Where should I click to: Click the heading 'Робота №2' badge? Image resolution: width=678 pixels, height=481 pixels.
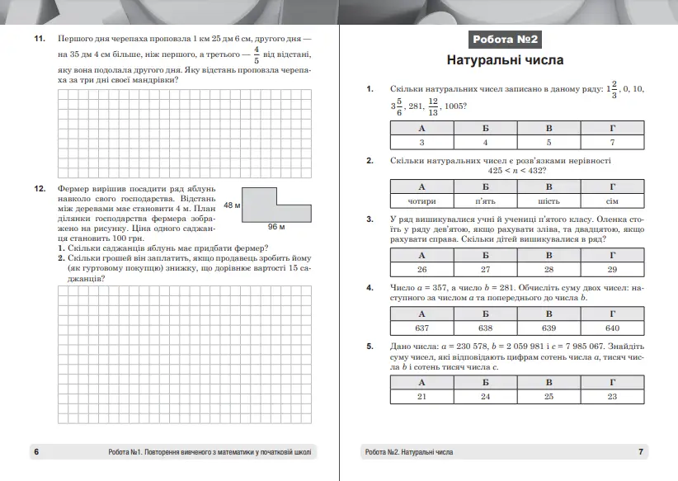coord(506,39)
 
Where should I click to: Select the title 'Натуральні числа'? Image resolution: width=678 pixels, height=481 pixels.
coord(506,60)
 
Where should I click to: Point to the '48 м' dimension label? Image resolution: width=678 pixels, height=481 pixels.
coord(232,204)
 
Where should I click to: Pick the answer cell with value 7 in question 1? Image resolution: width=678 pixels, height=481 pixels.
coord(611,143)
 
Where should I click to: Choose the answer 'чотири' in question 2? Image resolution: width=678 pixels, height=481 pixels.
coord(421,200)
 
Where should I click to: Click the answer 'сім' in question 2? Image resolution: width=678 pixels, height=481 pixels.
coord(611,200)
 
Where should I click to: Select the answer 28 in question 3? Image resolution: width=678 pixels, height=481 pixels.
coord(549,270)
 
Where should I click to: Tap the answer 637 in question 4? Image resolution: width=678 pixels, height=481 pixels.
coord(421,328)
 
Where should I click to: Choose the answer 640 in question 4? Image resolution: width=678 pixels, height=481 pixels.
coord(611,328)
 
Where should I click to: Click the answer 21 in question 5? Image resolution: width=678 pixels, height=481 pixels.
coord(421,397)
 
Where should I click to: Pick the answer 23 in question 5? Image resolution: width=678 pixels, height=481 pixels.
coord(611,397)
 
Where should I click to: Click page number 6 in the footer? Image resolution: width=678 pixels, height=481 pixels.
coord(35,452)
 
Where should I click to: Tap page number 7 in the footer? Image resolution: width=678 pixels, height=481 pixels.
coord(641,452)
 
